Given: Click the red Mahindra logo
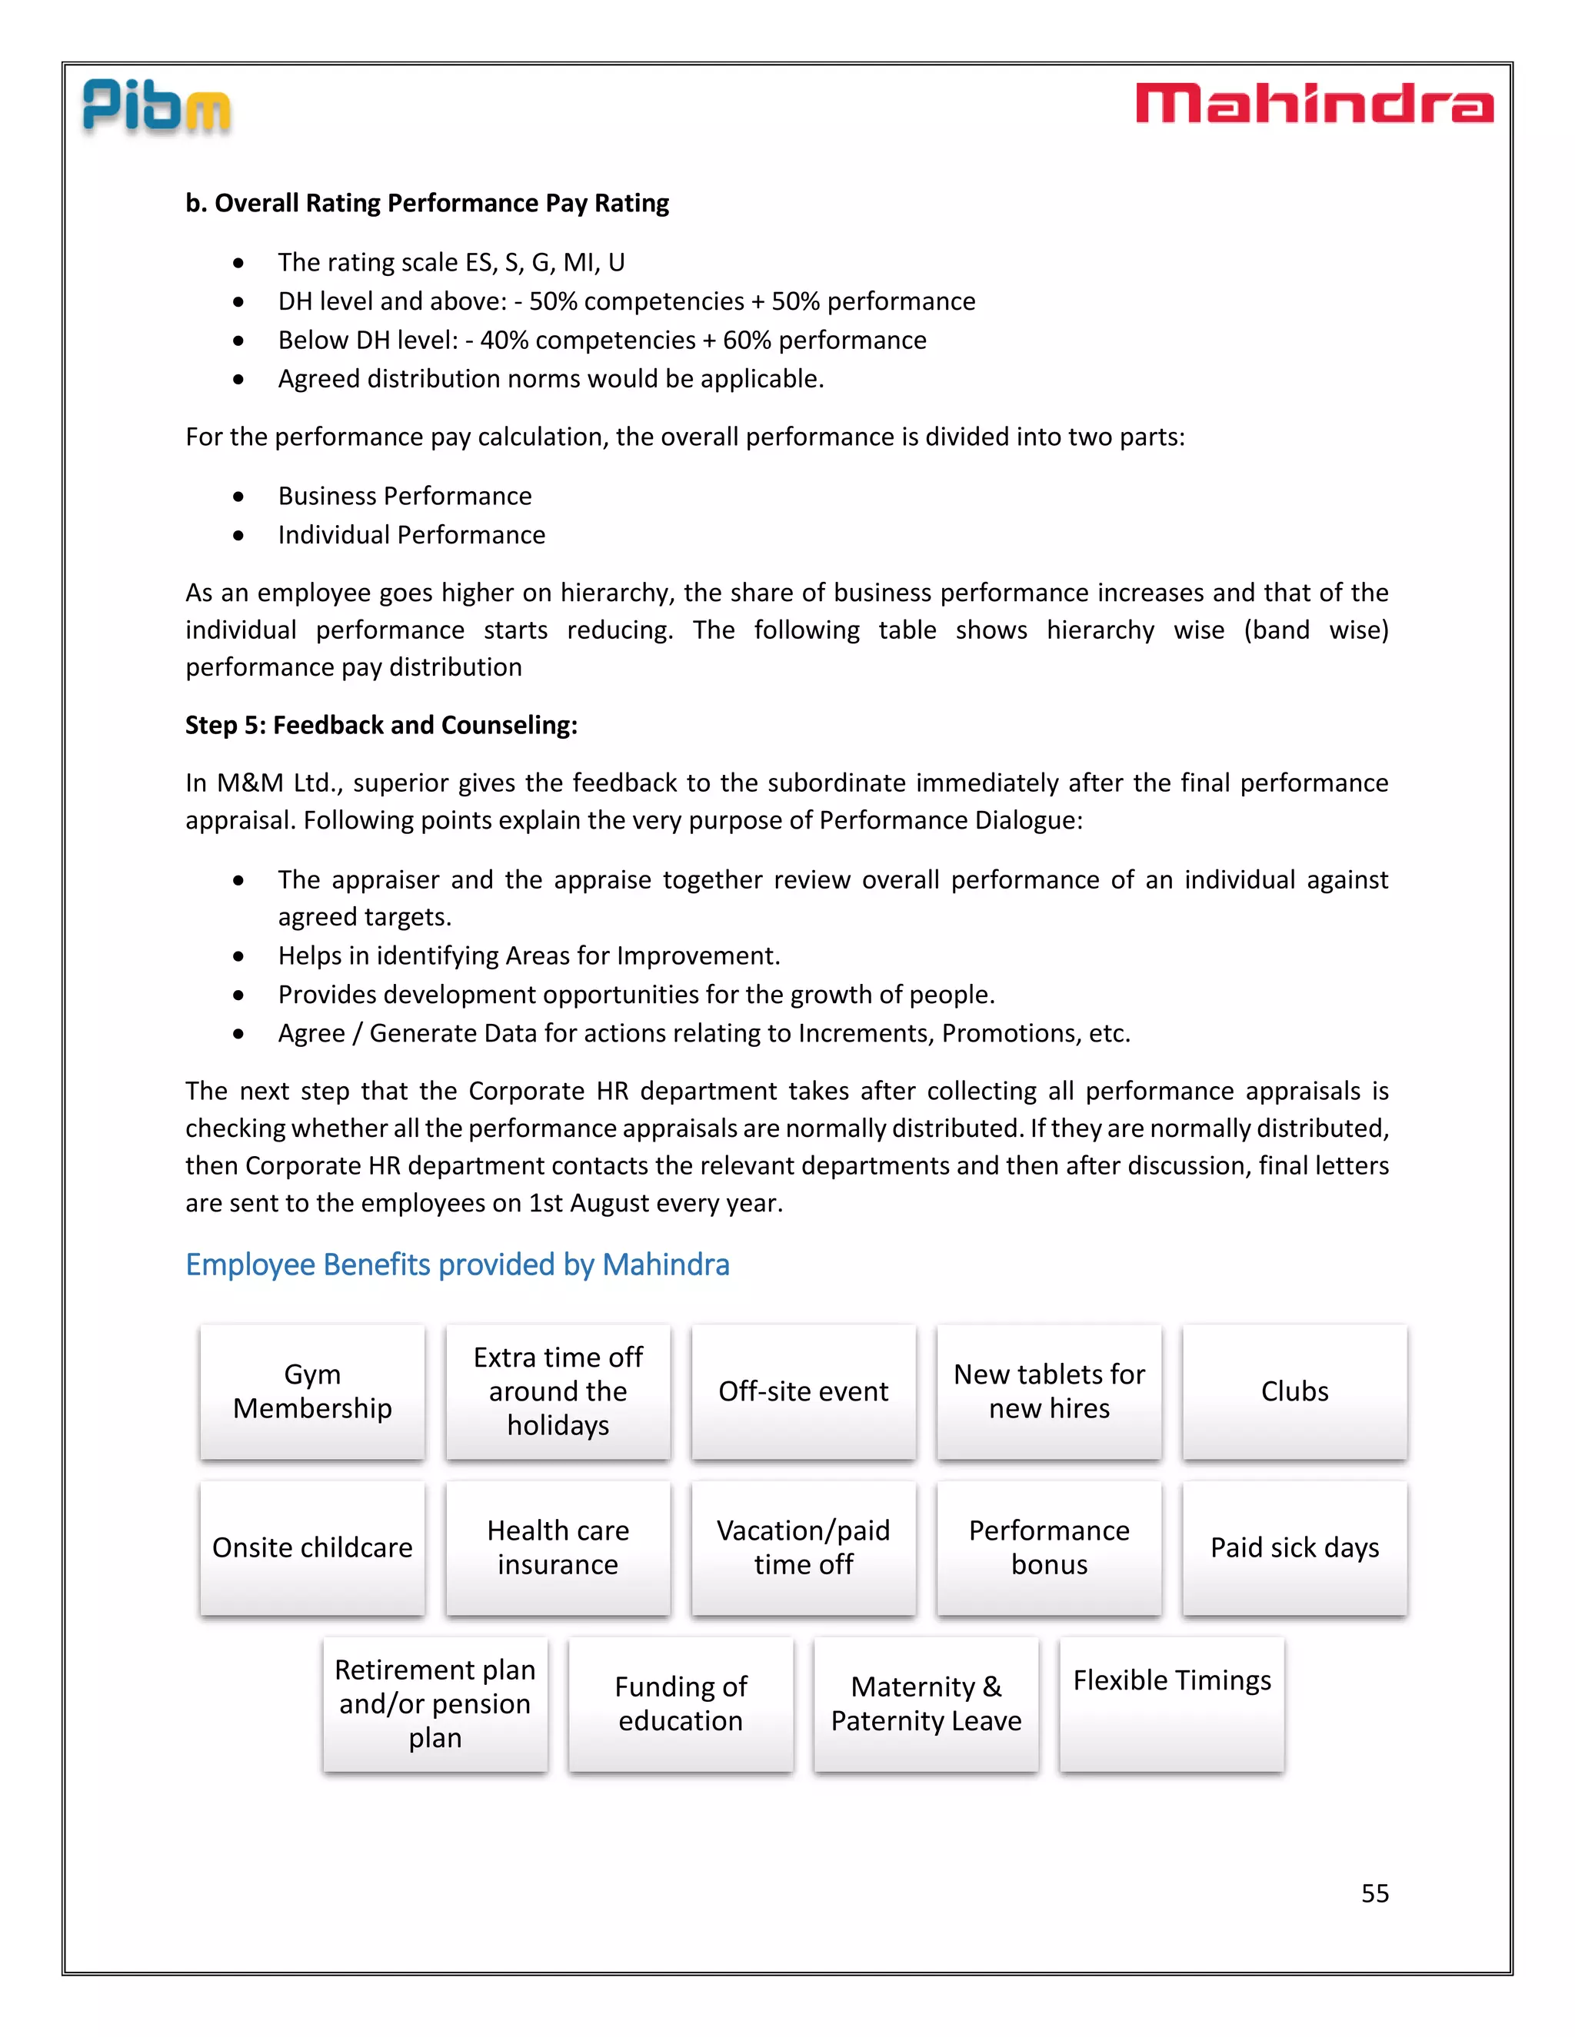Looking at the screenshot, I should pos(1314,104).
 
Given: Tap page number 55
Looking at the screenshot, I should pos(1374,1892).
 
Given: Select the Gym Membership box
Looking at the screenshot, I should pos(312,1391).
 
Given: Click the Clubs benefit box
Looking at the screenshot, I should pos(1294,1391).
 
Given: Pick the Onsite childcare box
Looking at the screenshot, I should pos(312,1547).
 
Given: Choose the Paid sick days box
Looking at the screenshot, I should pos(1294,1547).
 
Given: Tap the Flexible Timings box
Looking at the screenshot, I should pos(1172,1703).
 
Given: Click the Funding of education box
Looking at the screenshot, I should pos(681,1703).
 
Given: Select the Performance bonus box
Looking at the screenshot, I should pos(1049,1547).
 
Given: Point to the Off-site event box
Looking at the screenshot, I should pos(804,1391).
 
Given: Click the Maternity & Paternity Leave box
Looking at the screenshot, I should pos(926,1703).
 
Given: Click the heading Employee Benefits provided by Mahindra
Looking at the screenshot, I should pos(458,1264).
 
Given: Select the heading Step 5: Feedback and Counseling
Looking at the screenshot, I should pos(381,725).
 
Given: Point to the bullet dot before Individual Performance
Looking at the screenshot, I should pos(239,535).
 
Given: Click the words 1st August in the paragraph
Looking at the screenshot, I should pos(578,1203).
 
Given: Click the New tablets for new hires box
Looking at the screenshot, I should pos(1049,1391).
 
